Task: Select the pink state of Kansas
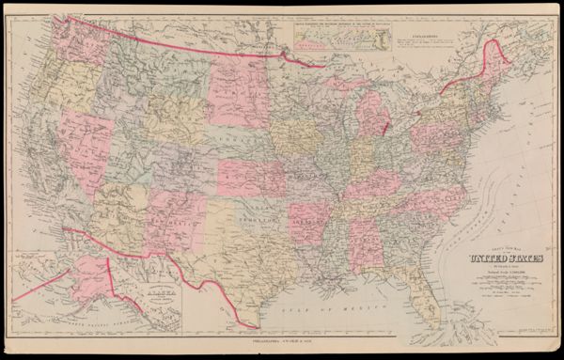point(252,177)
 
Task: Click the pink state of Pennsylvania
point(429,137)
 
